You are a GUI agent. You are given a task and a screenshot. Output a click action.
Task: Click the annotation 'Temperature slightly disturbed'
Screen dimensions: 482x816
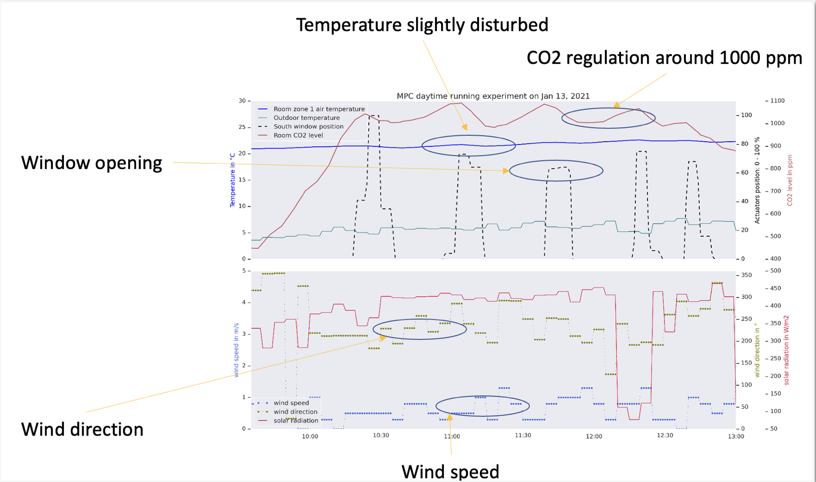(x=422, y=25)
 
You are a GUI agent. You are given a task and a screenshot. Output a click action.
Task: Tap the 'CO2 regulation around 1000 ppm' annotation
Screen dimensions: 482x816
(x=664, y=58)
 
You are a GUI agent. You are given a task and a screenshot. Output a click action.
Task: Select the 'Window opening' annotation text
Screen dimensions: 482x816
(x=92, y=163)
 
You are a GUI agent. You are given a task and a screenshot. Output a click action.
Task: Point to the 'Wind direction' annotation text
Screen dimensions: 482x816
(x=82, y=429)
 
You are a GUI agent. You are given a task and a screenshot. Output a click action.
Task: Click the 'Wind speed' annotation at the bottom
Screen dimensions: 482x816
(x=450, y=471)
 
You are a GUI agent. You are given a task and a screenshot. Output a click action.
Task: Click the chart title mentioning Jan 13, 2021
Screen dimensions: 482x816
(x=493, y=96)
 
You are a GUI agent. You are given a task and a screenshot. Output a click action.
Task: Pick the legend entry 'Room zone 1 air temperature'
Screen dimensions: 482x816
(x=319, y=109)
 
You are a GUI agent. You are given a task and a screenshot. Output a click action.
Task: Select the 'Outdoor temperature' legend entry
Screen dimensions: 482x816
(x=306, y=118)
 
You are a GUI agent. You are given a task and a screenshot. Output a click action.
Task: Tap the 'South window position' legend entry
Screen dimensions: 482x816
(x=308, y=126)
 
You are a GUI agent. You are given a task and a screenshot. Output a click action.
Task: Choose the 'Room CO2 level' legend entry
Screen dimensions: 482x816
(x=298, y=135)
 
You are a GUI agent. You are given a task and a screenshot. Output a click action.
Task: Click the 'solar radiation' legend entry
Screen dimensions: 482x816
(x=296, y=421)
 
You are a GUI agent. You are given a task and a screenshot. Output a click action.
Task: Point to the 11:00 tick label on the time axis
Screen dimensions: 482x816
(x=452, y=436)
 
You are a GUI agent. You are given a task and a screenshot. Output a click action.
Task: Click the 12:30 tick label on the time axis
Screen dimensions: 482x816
(x=665, y=435)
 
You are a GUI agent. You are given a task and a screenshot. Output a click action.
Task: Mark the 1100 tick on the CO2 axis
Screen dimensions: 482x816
(x=777, y=101)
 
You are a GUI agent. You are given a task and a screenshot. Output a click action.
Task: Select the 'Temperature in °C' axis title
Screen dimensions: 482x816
(x=233, y=180)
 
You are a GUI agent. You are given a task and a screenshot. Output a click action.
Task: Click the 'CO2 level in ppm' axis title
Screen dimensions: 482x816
(x=790, y=180)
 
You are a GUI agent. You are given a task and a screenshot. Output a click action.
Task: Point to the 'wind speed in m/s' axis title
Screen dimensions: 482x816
(x=236, y=350)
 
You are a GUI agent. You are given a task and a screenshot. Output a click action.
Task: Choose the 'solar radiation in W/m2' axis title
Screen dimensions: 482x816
(x=786, y=350)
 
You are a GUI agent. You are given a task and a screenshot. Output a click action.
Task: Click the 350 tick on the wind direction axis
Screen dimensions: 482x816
(x=746, y=275)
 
